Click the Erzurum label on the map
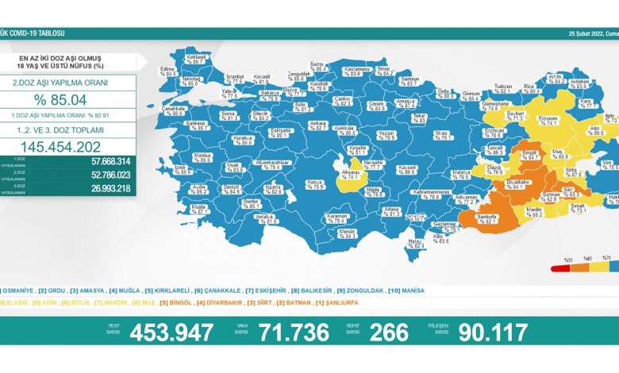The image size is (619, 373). coord(548,120)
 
